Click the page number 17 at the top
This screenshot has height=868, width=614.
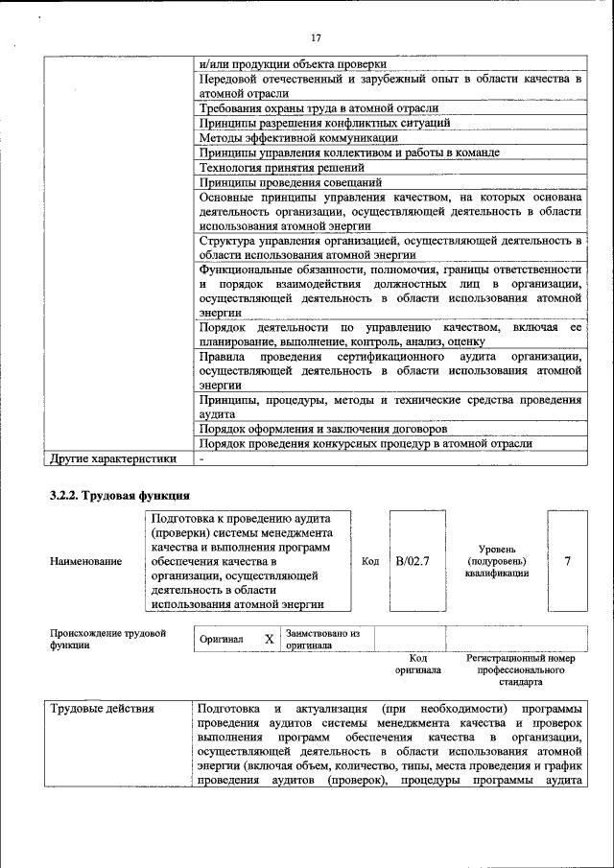point(317,37)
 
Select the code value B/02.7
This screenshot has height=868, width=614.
point(412,560)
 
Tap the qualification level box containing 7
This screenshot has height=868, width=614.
point(567,560)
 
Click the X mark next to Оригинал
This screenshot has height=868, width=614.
point(270,639)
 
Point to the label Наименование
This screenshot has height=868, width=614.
point(85,561)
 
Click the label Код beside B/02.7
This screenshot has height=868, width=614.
point(369,561)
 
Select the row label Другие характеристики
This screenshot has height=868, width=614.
point(113,458)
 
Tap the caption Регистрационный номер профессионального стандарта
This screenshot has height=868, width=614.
point(520,670)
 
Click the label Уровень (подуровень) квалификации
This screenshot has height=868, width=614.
point(496,560)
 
